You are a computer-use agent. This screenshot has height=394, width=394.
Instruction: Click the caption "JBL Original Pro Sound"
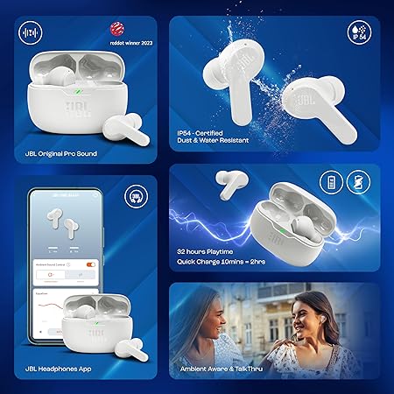(62, 153)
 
